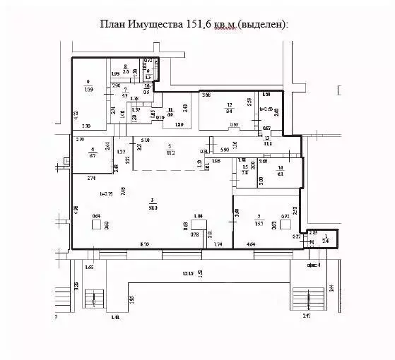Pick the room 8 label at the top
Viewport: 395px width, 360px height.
coord(125,69)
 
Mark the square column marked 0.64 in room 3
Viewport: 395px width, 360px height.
coord(95,224)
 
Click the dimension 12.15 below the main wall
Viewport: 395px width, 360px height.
coord(187,272)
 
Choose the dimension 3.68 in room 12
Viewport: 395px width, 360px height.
coord(206,95)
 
